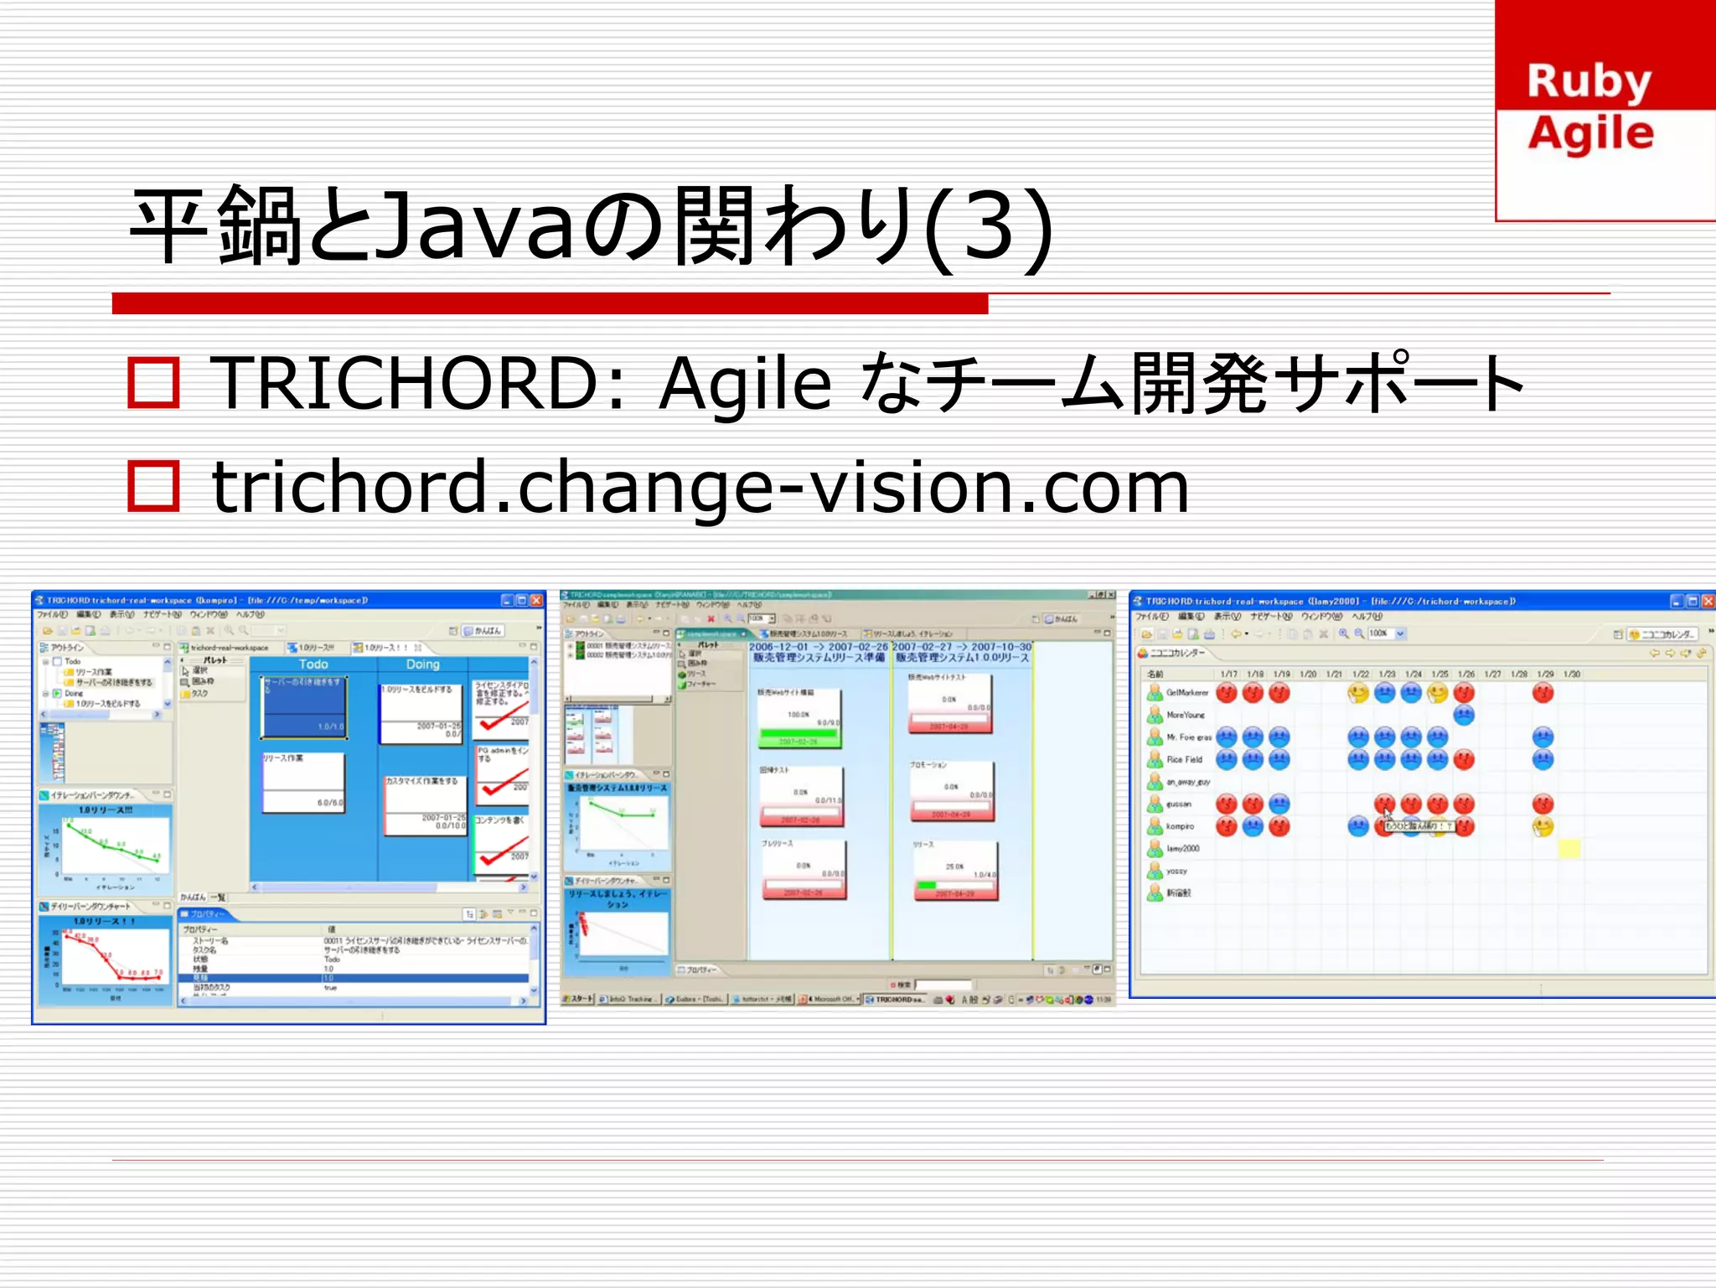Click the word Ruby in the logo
click(x=1589, y=82)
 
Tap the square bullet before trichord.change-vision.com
click(x=153, y=486)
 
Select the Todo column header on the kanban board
click(x=313, y=665)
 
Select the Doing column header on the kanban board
click(x=422, y=665)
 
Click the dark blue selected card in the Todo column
click(x=303, y=708)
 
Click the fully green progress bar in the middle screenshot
click(x=798, y=733)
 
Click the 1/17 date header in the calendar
click(x=1228, y=674)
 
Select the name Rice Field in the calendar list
click(x=1184, y=760)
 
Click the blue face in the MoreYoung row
click(x=1464, y=715)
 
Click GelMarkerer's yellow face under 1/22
click(x=1358, y=693)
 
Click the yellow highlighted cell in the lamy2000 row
click(x=1569, y=849)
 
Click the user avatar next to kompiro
click(x=1155, y=826)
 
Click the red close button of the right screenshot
click(x=1708, y=601)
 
